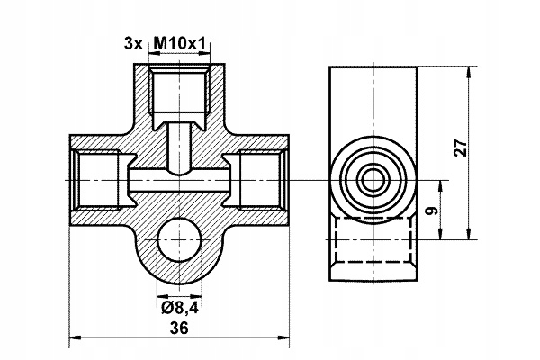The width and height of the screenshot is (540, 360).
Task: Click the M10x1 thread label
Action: tap(179, 44)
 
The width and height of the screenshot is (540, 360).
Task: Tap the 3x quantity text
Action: tap(133, 44)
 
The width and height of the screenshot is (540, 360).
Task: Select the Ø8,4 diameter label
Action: tap(179, 308)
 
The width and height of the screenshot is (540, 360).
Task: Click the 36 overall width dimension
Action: tap(179, 328)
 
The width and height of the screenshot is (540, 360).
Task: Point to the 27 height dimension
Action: tap(461, 148)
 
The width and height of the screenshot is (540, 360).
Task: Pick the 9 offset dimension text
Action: tap(433, 211)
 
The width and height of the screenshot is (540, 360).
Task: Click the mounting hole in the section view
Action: tap(179, 239)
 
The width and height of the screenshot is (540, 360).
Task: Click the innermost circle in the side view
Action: tap(373, 180)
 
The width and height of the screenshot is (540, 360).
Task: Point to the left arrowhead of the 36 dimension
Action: tap(74, 337)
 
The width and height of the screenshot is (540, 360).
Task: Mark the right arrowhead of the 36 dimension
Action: tap(284, 337)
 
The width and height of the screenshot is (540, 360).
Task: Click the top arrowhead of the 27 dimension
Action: tap(468, 71)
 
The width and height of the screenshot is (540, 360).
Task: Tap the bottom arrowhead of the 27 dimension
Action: tap(468, 234)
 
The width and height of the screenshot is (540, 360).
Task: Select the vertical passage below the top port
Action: tap(179, 148)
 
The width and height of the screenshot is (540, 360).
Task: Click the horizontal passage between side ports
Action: tap(179, 180)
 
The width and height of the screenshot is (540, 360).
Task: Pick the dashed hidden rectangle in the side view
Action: tap(373, 240)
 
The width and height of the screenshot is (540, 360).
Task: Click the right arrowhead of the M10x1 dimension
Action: tap(205, 53)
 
